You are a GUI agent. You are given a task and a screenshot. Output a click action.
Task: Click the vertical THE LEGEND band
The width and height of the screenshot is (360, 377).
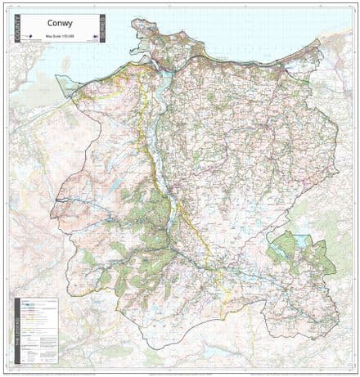point(17,328)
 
